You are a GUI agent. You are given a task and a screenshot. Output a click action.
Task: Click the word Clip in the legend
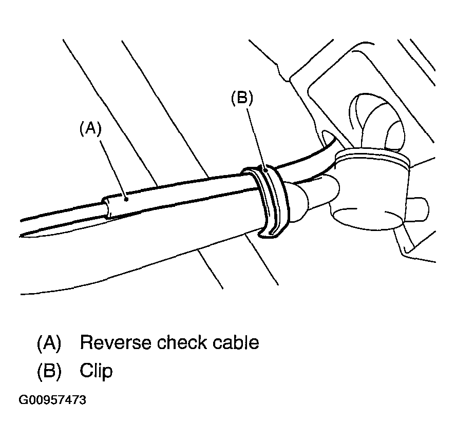96,371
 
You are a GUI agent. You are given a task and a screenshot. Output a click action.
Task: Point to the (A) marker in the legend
49,342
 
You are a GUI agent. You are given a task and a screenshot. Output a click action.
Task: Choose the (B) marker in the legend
49,371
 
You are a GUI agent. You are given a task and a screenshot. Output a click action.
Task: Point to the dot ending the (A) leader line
125,195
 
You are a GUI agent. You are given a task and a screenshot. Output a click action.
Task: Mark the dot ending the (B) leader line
264,167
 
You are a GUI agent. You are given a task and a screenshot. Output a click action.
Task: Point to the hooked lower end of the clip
267,235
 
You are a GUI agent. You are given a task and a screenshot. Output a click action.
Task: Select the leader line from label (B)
256,136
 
